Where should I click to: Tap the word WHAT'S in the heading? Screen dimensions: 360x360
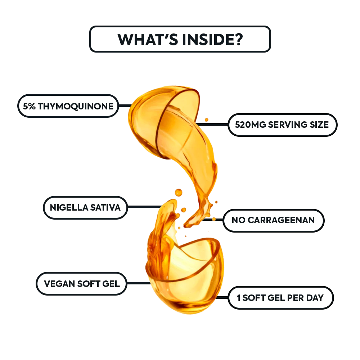point(148,39)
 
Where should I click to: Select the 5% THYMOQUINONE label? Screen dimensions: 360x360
point(68,106)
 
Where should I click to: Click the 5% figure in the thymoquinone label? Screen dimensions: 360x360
point(29,106)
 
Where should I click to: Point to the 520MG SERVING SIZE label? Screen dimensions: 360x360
point(282,125)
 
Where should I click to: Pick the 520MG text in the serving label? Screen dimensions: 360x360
point(251,125)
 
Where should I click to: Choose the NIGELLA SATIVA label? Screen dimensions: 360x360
point(85,208)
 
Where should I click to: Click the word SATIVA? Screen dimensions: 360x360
point(105,208)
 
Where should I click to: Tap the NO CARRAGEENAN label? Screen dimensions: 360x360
point(274,220)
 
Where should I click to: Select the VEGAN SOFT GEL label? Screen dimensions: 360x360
point(81,284)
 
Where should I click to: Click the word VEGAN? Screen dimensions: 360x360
point(59,284)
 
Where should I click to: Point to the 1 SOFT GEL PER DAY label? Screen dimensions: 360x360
point(280,298)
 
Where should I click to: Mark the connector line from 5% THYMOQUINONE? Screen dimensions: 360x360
point(125,105)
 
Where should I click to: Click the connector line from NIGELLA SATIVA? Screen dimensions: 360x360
point(145,207)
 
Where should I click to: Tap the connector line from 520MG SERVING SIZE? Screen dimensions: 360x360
point(212,125)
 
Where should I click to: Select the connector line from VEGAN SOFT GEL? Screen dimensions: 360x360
point(139,283)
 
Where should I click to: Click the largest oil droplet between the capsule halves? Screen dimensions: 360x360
point(179,192)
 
